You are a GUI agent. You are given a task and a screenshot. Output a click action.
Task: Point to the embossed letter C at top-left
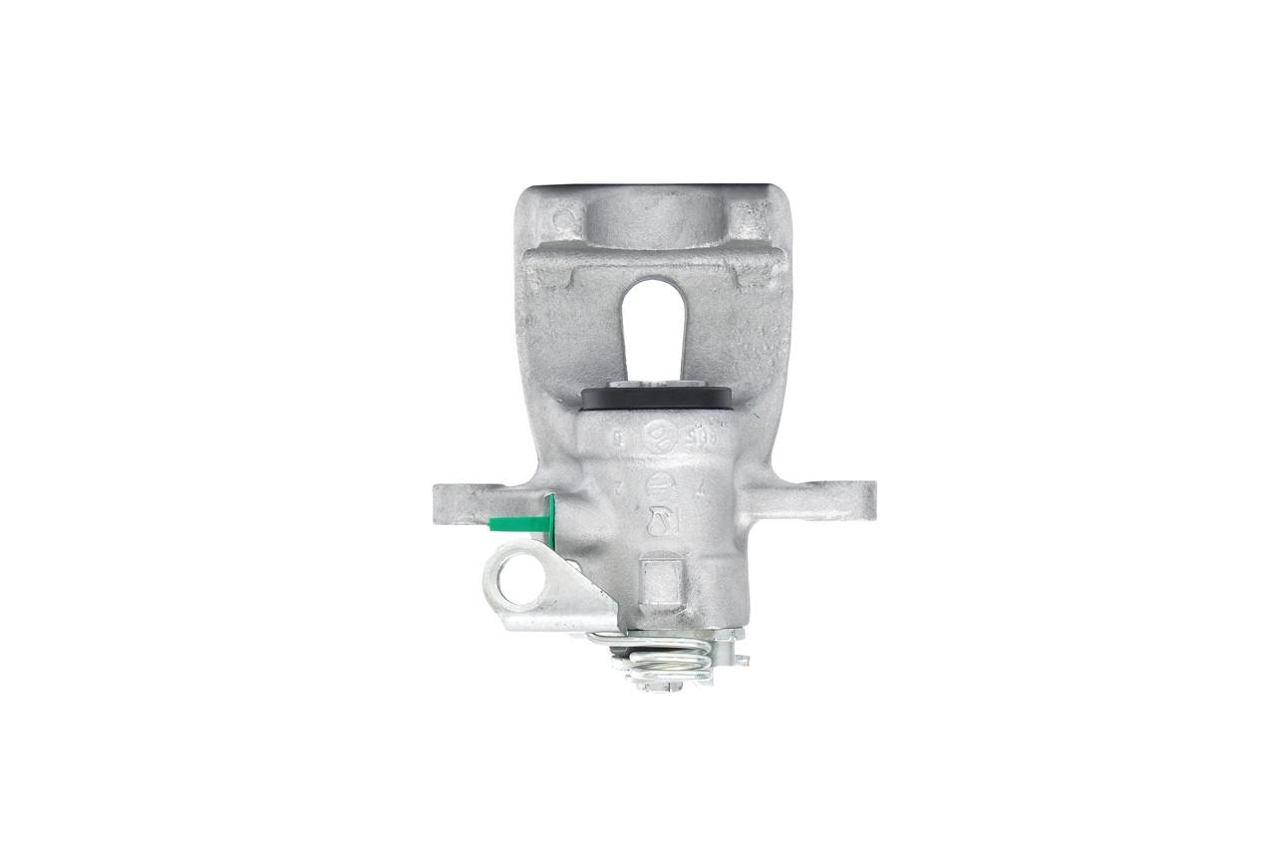[x=564, y=216]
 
